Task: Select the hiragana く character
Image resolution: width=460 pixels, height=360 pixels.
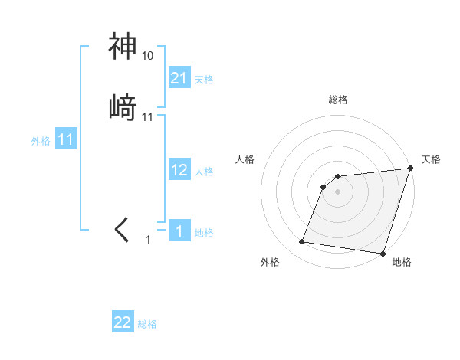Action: click(x=123, y=230)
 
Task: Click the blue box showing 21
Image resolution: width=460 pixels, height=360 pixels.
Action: click(x=179, y=78)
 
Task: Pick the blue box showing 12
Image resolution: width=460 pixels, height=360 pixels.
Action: click(x=179, y=170)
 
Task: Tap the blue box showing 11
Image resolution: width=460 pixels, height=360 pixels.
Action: click(x=66, y=140)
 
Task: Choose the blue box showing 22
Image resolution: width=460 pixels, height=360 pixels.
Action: click(x=123, y=322)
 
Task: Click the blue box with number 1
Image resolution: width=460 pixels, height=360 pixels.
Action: click(x=179, y=232)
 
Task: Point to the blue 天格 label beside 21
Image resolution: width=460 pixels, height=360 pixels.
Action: click(x=204, y=80)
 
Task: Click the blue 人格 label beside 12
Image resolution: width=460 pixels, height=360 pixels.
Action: click(x=204, y=172)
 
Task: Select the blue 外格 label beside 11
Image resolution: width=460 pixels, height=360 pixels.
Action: click(x=41, y=141)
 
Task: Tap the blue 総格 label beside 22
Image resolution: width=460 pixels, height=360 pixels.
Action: click(x=147, y=324)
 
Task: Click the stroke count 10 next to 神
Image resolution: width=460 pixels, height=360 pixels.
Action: click(x=147, y=56)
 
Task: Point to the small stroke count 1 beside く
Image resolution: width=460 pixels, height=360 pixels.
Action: click(x=149, y=240)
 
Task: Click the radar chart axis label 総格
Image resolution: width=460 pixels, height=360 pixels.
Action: click(x=338, y=100)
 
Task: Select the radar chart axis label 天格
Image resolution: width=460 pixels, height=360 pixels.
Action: click(x=431, y=159)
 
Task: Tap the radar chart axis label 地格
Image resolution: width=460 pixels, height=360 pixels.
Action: click(x=401, y=263)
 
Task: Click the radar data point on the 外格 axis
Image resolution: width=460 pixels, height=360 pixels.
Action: click(x=302, y=242)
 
